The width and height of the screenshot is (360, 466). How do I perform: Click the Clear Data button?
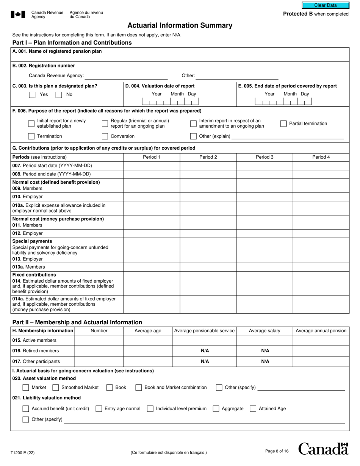pyautogui.click(x=325, y=5)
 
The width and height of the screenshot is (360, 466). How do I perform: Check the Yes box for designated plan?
pyautogui.click(x=33, y=95)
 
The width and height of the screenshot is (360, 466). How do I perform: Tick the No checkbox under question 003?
pyautogui.click(x=59, y=95)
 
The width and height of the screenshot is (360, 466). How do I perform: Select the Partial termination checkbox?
pyautogui.click(x=283, y=124)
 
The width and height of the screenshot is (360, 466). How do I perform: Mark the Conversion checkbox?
pyautogui.click(x=105, y=136)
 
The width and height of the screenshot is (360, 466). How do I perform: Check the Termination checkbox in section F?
pyautogui.click(x=31, y=136)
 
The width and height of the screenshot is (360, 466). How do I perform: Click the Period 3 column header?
pyautogui.click(x=265, y=157)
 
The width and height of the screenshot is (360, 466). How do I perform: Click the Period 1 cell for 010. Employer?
pyautogui.click(x=152, y=197)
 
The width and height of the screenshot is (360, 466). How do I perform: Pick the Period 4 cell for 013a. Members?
pyautogui.click(x=321, y=267)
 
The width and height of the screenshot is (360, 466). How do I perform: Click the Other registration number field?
pyautogui.click(x=237, y=76)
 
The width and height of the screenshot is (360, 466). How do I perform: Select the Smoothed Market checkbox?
pyautogui.click(x=56, y=388)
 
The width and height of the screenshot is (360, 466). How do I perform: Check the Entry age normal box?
pyautogui.click(x=99, y=409)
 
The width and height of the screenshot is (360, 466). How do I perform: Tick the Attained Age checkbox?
pyautogui.click(x=253, y=409)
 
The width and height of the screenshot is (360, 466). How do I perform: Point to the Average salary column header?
pyautogui.click(x=265, y=331)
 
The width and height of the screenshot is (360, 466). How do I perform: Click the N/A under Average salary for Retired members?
pyautogui.click(x=265, y=351)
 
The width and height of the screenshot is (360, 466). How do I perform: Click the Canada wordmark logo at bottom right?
pyautogui.click(x=323, y=449)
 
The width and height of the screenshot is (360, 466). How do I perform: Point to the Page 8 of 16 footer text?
pyautogui.click(x=277, y=451)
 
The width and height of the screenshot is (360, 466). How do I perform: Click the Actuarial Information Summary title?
pyautogui.click(x=180, y=25)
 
